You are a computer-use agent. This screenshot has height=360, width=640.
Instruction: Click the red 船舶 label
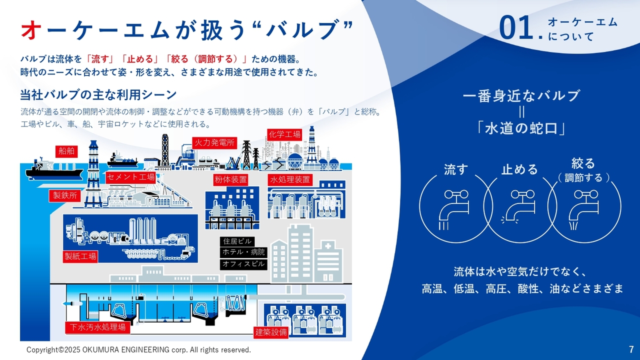[x=66, y=151]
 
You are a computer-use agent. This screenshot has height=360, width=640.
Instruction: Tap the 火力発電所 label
[x=214, y=142]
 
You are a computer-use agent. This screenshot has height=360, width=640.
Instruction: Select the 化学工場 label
[x=285, y=134]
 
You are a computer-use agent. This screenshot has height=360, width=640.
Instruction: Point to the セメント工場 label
[x=130, y=177]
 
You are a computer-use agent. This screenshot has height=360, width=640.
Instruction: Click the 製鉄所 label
[x=65, y=195]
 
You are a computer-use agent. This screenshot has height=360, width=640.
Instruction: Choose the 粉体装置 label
[x=230, y=179]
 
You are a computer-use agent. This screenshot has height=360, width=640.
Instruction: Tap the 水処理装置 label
[x=290, y=179]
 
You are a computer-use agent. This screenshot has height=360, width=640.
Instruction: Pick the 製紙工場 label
[x=80, y=256]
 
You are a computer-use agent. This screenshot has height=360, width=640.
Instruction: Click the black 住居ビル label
[x=237, y=241]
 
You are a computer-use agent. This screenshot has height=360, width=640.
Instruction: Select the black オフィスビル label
[x=243, y=264]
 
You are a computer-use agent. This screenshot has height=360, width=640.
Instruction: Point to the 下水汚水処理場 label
[x=97, y=327]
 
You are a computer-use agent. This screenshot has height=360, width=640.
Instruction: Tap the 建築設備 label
[x=271, y=332]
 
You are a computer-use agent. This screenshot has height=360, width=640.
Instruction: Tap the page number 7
[x=631, y=349]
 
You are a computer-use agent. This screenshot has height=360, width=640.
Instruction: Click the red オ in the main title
[x=30, y=29]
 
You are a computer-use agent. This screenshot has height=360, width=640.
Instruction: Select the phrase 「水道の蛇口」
[x=521, y=128]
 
